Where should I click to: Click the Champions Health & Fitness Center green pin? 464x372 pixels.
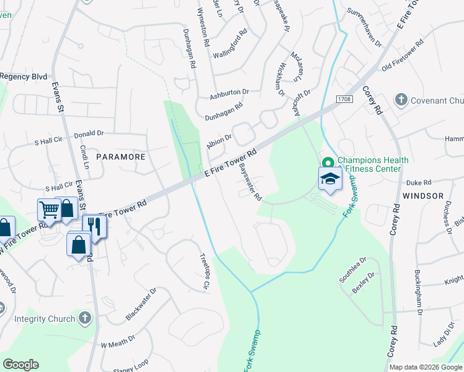(327, 163)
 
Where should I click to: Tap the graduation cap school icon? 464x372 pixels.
(329, 180)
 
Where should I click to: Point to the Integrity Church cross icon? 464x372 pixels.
(85, 319)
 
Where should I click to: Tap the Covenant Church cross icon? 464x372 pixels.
(401, 100)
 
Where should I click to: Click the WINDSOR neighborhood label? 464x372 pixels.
(423, 195)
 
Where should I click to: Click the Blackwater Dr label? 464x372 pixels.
(141, 304)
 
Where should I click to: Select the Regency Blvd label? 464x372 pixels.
(24, 76)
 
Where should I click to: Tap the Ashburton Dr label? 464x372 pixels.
(228, 94)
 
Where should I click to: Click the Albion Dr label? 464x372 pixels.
(219, 141)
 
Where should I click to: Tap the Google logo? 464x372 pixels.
(20, 365)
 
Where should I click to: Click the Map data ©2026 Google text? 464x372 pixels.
(424, 367)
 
